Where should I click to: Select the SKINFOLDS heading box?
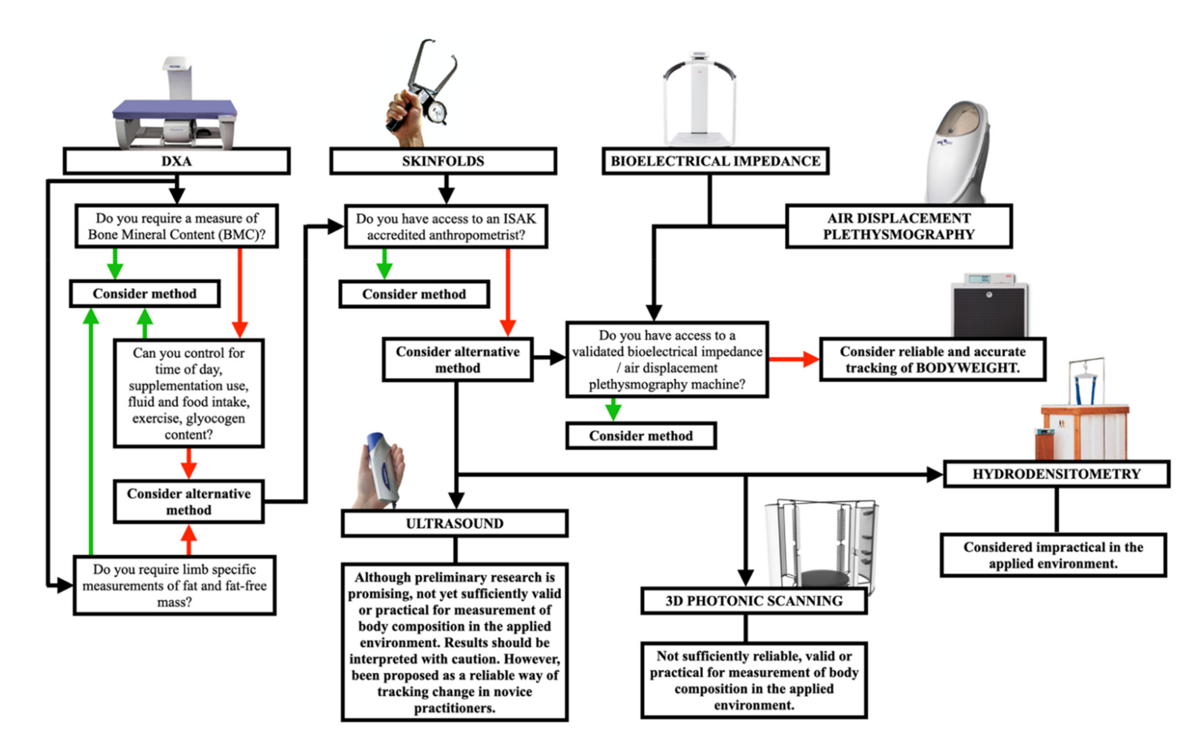tap(443, 161)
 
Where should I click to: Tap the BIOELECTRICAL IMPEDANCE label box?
tap(715, 161)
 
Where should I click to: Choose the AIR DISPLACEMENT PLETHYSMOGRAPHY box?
tap(899, 226)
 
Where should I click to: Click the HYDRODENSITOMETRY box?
tap(1056, 474)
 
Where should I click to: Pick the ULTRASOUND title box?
tap(454, 523)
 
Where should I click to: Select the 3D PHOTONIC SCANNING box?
tap(754, 601)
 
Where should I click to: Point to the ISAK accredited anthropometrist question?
tap(446, 226)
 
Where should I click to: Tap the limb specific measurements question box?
tap(174, 585)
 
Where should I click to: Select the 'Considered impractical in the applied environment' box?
tap(1053, 555)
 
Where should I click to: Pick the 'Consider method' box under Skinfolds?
tap(414, 294)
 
